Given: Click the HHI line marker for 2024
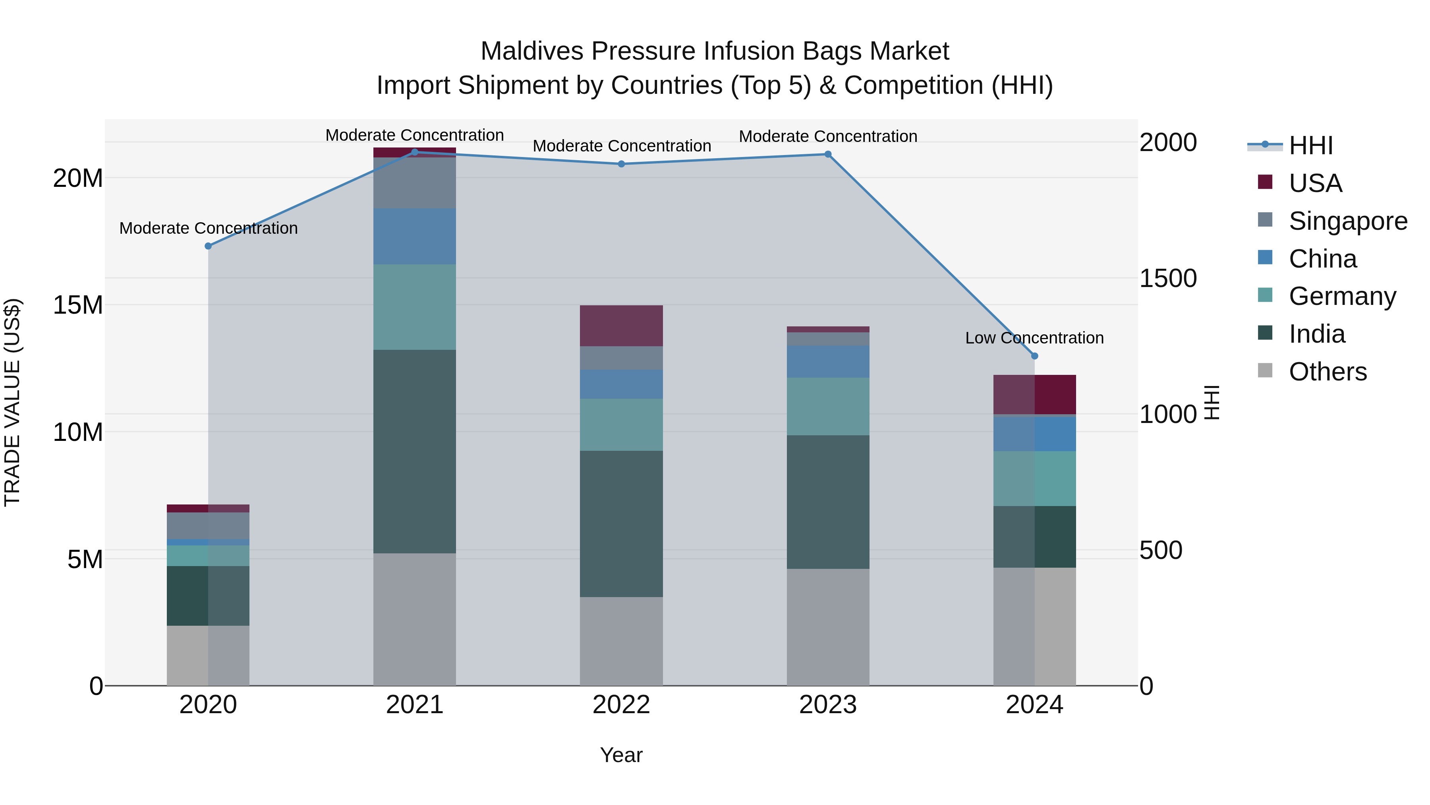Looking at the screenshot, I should click(1034, 356).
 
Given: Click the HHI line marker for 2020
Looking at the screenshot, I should click(208, 246).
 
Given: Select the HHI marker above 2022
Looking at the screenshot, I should click(621, 164).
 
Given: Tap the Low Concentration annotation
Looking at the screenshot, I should click(1034, 338).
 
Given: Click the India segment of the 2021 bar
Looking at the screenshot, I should click(415, 451).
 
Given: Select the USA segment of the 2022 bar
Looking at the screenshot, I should click(621, 326).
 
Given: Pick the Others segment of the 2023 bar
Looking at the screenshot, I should click(828, 627).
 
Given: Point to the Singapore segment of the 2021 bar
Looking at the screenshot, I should click(415, 183).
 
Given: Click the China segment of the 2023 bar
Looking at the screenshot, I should click(828, 362).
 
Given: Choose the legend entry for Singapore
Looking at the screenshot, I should click(1347, 221).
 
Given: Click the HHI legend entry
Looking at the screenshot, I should click(1310, 145).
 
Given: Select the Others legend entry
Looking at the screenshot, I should click(1327, 372).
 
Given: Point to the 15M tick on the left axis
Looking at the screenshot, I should click(78, 305).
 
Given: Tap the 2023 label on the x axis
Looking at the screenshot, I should click(828, 705).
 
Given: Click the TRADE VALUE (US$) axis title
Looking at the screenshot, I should click(12, 402).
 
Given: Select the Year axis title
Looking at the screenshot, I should click(621, 755).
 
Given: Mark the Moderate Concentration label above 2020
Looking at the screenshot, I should click(208, 228).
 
